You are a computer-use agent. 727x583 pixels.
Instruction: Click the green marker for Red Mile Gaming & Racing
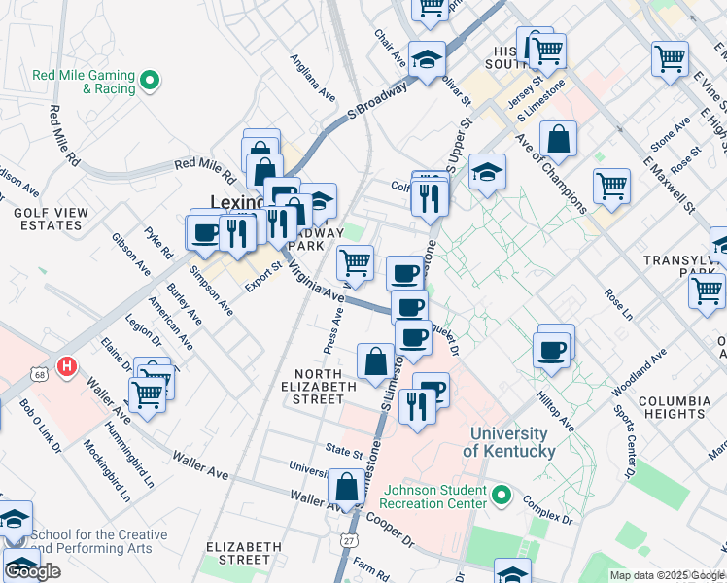coord(149,81)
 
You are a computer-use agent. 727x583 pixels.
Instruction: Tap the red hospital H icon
coord(66,367)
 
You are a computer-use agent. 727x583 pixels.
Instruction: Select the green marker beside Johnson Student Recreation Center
coord(502,497)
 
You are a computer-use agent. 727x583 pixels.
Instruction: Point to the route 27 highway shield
coord(350,538)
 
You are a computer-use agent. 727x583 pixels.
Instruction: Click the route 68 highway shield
coord(39,373)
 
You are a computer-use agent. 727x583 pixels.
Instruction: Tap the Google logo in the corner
coord(32,571)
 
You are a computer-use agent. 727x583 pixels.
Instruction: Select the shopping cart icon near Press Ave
coord(355,262)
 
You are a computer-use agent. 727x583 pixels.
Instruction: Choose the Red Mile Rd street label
coord(204,171)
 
